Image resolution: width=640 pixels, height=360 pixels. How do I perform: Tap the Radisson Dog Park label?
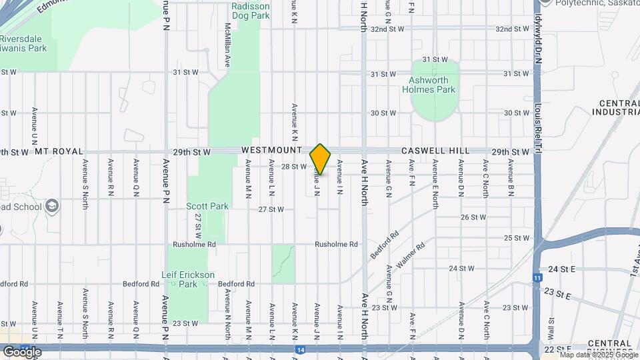(x=250, y=10)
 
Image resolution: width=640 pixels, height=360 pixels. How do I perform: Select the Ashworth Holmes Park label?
(x=431, y=85)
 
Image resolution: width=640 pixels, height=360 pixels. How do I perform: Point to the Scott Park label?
(x=207, y=206)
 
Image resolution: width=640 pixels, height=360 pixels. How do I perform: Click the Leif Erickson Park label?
(x=188, y=279)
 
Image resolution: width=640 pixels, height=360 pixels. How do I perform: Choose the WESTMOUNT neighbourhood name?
(x=271, y=151)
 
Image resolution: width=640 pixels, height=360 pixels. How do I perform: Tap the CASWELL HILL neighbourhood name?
(x=435, y=151)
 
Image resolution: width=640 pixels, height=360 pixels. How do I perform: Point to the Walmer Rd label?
(x=411, y=256)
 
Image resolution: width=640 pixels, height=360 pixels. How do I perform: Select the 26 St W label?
(x=473, y=217)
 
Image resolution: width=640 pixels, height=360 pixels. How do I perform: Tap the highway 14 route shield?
(x=301, y=349)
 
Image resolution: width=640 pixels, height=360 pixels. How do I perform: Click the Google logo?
(x=22, y=351)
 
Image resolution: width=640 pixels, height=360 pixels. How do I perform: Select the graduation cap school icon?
(x=52, y=206)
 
